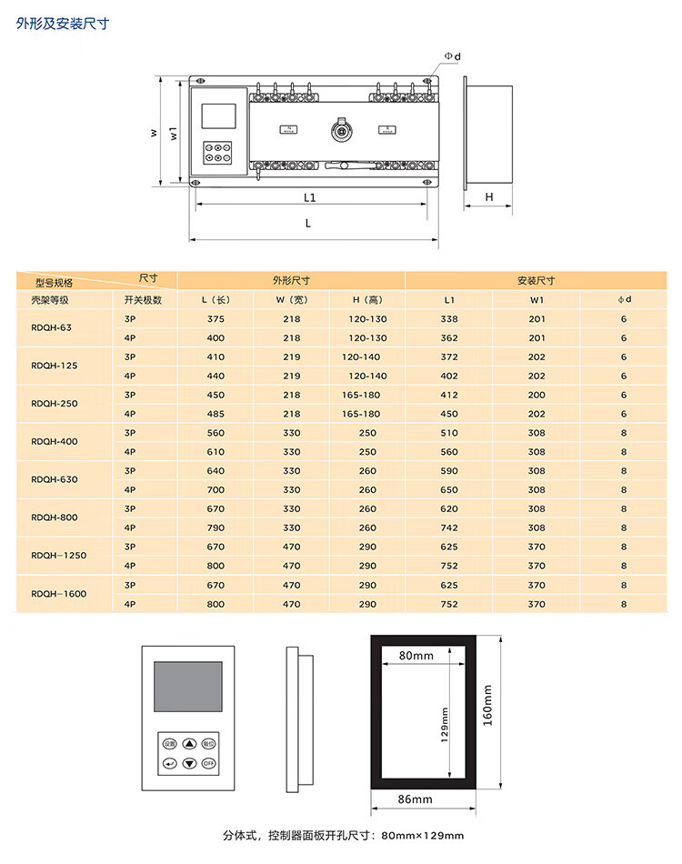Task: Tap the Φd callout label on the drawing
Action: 452,56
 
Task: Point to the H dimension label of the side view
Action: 488,196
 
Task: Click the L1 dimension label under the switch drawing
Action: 309,196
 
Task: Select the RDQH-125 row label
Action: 54,366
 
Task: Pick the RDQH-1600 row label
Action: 58,594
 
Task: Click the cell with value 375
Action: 216,319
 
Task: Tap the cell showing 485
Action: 216,414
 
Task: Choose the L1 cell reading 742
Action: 449,527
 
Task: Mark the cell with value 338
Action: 449,319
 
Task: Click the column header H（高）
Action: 367,299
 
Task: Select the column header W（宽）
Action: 291,299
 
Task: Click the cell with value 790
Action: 216,527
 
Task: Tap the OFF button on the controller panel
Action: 209,762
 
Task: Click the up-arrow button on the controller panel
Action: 189,743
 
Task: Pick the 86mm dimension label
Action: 416,799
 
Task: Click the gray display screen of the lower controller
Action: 188,688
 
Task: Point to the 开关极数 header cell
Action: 144,299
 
